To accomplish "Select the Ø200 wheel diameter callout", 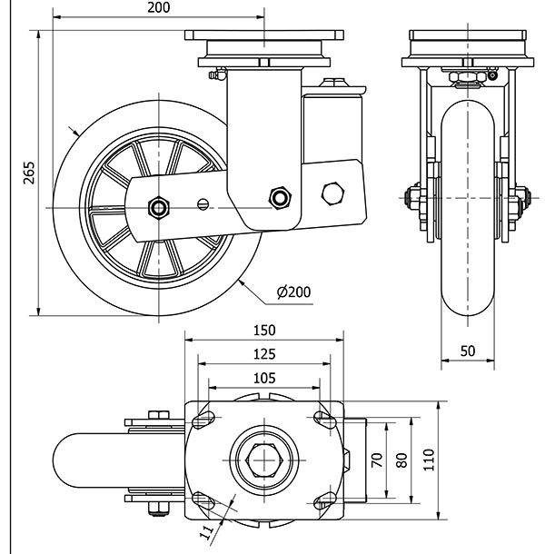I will (292, 292).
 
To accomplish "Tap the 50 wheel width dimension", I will (467, 351).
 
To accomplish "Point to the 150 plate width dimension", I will (264, 331).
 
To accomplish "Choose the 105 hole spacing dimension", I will (264, 377).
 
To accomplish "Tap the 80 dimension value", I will (401, 460).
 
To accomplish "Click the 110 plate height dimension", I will (430, 460).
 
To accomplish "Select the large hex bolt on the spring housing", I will (333, 193).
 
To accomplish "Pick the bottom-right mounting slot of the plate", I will (322, 501).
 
